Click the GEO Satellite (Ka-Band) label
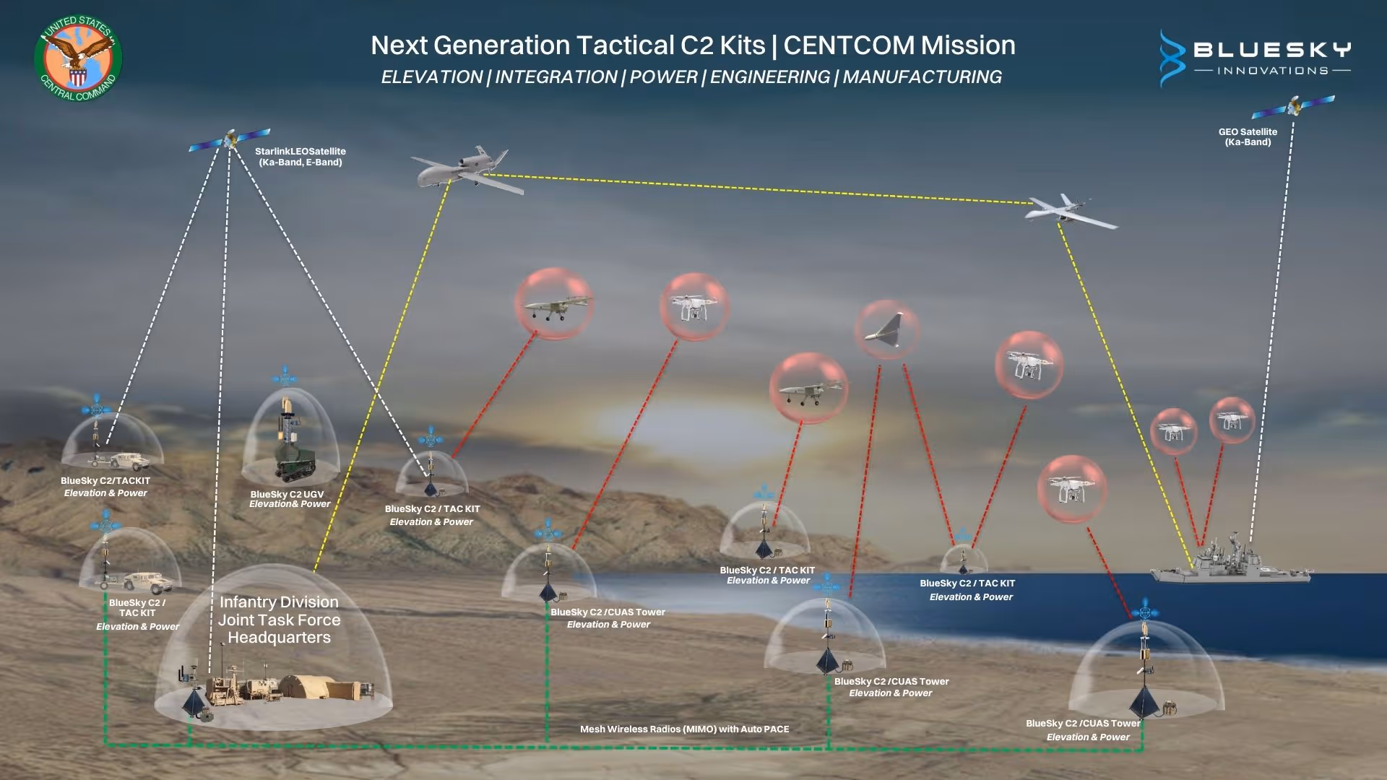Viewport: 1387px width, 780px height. tap(1248, 137)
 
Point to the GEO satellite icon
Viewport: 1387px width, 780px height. tap(1293, 108)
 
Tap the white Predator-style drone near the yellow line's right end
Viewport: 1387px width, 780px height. tap(1068, 210)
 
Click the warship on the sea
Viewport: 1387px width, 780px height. tap(1228, 563)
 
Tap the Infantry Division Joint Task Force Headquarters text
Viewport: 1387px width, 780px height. tap(279, 620)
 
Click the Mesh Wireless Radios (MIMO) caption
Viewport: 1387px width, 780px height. tap(684, 729)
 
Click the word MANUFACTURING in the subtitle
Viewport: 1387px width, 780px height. tap(922, 77)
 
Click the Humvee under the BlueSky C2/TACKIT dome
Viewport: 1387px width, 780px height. tap(129, 460)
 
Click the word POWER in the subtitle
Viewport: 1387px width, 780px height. tap(663, 77)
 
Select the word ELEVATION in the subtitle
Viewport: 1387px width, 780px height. tap(431, 77)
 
